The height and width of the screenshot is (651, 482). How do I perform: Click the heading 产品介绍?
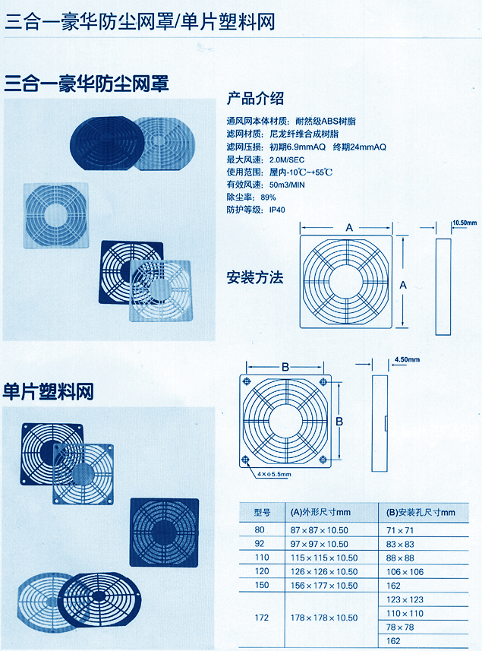(x=255, y=99)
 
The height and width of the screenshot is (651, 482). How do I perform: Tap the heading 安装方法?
(x=255, y=277)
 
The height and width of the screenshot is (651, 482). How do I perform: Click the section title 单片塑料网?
(x=48, y=391)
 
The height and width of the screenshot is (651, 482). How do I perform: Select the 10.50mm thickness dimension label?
(x=465, y=223)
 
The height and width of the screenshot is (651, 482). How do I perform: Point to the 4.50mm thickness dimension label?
(x=407, y=359)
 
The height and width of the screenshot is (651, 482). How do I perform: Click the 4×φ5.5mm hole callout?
(x=274, y=474)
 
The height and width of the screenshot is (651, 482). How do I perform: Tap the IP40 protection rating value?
(x=277, y=210)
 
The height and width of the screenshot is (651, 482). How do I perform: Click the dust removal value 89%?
(x=269, y=198)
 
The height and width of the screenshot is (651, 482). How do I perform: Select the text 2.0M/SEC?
(x=287, y=160)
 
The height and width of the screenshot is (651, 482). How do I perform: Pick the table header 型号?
(x=262, y=512)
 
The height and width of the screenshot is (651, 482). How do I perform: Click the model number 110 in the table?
(x=262, y=557)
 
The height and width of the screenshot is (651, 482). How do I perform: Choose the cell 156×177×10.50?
(x=324, y=586)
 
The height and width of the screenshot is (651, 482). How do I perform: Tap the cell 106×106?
(x=405, y=572)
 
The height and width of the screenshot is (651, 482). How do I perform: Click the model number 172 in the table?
(x=262, y=618)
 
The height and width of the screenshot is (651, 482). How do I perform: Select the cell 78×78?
(x=400, y=627)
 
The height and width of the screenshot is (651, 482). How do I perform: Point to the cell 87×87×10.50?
(x=319, y=530)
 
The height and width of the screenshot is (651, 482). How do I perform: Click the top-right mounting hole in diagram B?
(x=323, y=381)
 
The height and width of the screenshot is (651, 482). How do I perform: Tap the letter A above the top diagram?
(x=349, y=228)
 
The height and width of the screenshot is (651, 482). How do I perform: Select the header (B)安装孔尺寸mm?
(x=421, y=512)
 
